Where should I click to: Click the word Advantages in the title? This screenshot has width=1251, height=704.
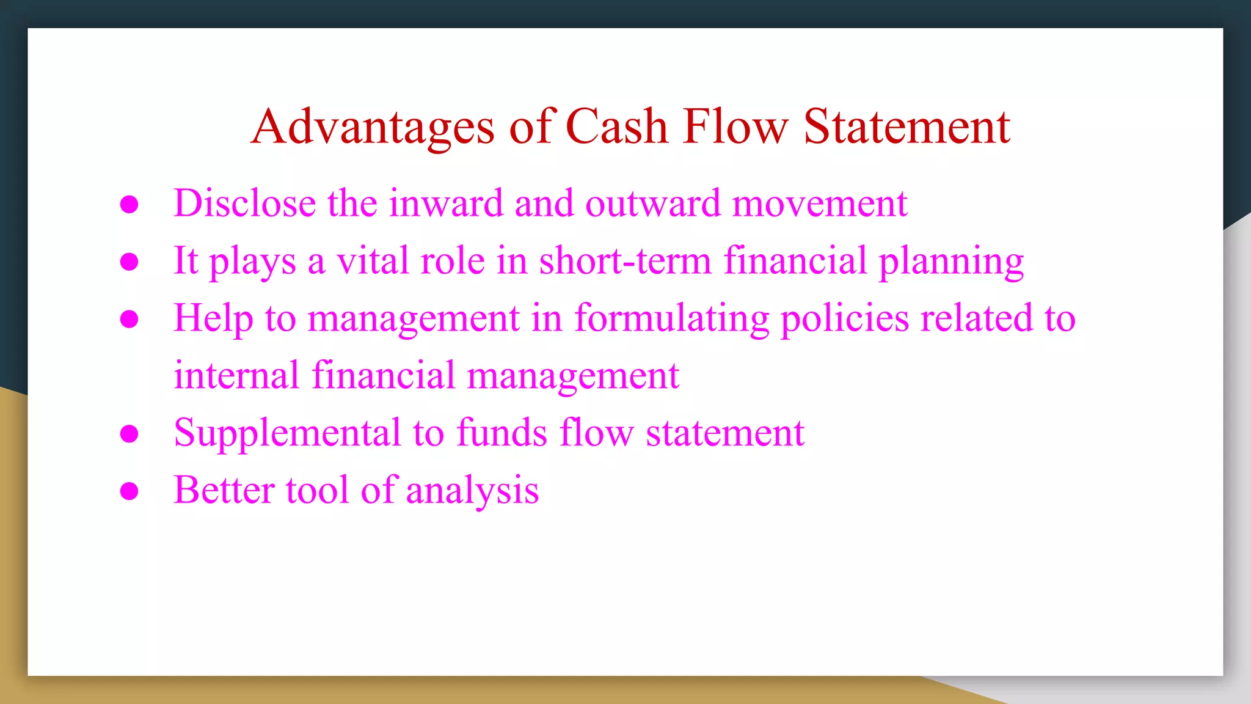pyautogui.click(x=373, y=127)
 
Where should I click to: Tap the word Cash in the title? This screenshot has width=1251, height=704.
pyautogui.click(x=617, y=127)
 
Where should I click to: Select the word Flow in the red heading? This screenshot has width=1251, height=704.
pyautogui.click(x=735, y=127)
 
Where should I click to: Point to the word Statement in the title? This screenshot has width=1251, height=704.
pyautogui.click(x=906, y=127)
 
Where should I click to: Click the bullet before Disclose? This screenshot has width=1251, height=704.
pyautogui.click(x=129, y=205)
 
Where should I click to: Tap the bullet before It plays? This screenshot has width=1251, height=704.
pyautogui.click(x=129, y=262)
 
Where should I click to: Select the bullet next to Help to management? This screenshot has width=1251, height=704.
pyautogui.click(x=129, y=319)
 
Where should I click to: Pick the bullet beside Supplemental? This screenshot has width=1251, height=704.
pyautogui.click(x=129, y=434)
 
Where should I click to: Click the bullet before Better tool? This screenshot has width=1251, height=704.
pyautogui.click(x=129, y=491)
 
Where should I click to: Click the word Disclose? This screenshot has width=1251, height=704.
pyautogui.click(x=244, y=203)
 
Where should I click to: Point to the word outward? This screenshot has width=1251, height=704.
pyautogui.click(x=652, y=203)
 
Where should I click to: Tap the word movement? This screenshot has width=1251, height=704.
pyautogui.click(x=820, y=203)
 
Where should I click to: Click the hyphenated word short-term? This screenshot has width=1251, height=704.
pyautogui.click(x=625, y=260)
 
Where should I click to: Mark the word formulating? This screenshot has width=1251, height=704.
pyautogui.click(x=672, y=318)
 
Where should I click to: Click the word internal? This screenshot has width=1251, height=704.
pyautogui.click(x=236, y=375)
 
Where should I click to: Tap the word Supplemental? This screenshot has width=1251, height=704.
pyautogui.click(x=287, y=433)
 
